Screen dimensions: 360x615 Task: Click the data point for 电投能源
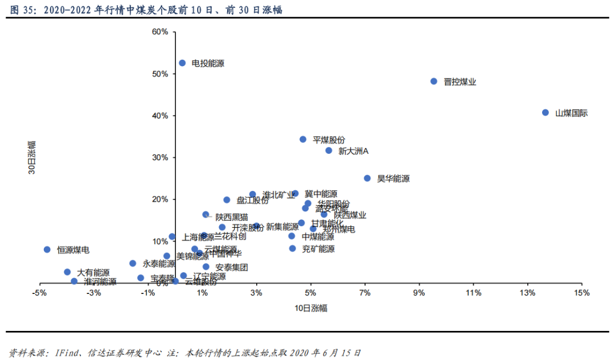tap(182, 63)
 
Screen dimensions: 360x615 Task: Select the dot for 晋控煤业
tap(433, 81)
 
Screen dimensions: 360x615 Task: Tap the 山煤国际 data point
tap(545, 113)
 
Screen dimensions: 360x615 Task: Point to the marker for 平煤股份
tap(303, 140)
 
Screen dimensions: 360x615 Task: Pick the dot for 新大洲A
tap(329, 150)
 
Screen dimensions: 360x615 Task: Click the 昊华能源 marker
tap(367, 178)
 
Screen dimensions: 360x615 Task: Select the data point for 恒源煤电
tap(47, 249)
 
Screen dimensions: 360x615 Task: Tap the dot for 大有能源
tap(67, 272)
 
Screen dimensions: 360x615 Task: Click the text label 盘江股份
tap(252, 201)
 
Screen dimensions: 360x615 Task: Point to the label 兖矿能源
tap(318, 249)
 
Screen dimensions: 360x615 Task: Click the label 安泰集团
tap(231, 267)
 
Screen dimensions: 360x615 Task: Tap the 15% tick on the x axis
tap(581, 293)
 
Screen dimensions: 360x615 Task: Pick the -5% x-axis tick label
tap(39, 293)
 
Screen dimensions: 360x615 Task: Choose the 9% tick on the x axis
tap(419, 293)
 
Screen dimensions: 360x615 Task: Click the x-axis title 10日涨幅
tap(310, 308)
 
